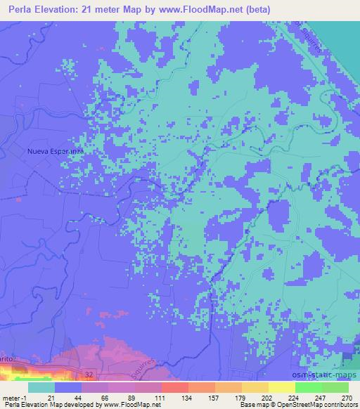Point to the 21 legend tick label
pos(51,398)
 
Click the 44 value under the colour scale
pos(78,398)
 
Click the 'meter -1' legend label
pos(15,398)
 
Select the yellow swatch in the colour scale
pos(281,387)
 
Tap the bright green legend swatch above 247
pos(308,387)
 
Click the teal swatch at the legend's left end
pos(41,387)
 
